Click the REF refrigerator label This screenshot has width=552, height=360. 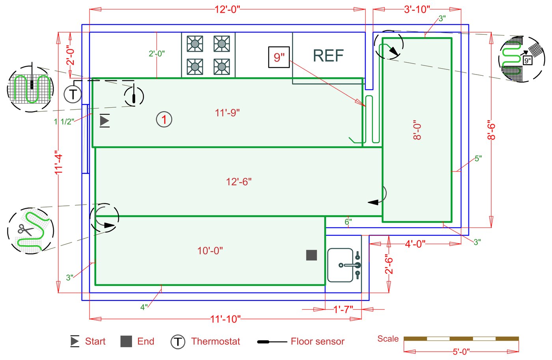[x=328, y=56]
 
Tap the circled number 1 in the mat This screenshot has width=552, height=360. [x=164, y=119]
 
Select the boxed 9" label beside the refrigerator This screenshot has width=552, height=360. [x=279, y=57]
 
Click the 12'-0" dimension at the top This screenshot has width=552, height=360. [x=227, y=9]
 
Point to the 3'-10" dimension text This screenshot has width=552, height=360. [x=417, y=9]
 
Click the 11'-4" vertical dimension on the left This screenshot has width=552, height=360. [x=59, y=162]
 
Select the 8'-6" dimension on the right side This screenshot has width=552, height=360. [x=491, y=130]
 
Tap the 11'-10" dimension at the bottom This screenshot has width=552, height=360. [x=225, y=319]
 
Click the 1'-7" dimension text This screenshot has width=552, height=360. [x=343, y=310]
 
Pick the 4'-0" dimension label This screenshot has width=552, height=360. [x=415, y=244]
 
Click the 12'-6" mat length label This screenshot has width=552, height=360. [x=239, y=182]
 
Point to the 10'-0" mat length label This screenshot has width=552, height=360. [x=210, y=251]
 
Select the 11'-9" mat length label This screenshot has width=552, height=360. [x=227, y=113]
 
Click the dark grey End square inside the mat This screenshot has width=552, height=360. [x=311, y=255]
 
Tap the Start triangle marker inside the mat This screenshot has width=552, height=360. [x=104, y=121]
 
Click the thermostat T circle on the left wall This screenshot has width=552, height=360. [x=73, y=94]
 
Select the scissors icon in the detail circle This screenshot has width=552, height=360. [x=26, y=229]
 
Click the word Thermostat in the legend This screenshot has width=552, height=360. [x=215, y=341]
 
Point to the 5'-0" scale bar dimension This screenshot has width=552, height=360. [x=461, y=351]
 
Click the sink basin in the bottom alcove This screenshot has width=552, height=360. [x=340, y=265]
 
